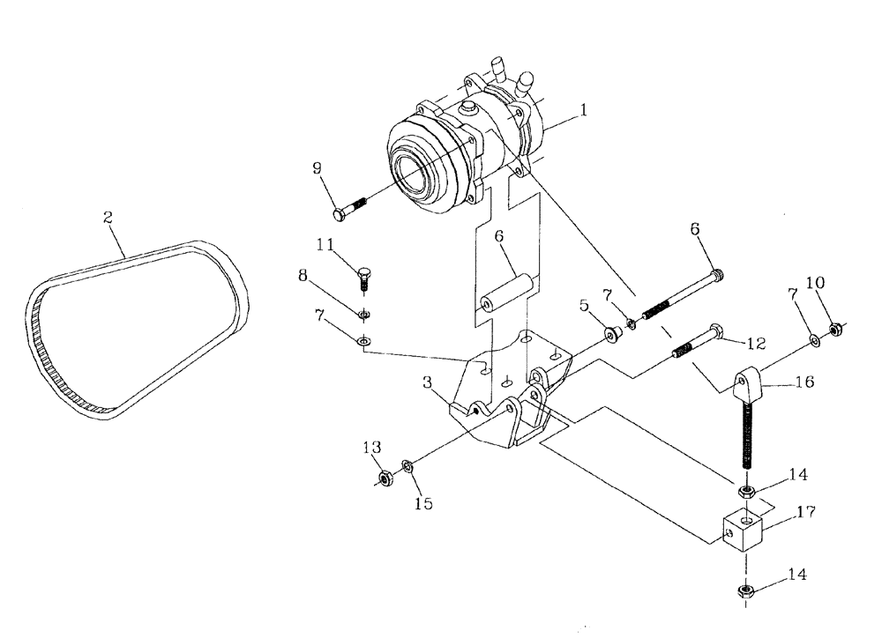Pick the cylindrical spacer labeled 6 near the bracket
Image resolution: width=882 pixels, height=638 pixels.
tap(506, 294)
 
